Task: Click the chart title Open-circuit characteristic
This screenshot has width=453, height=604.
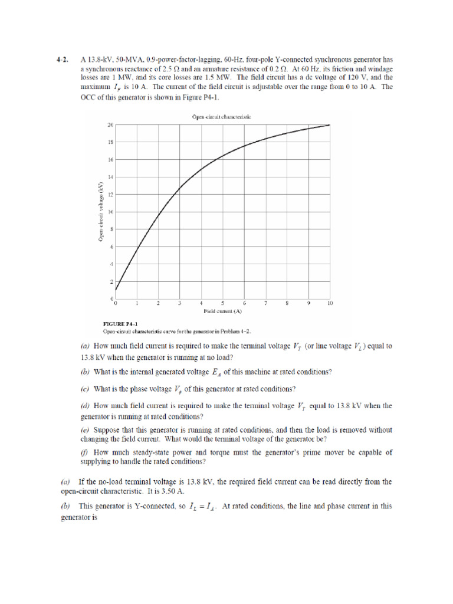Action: (x=222, y=117)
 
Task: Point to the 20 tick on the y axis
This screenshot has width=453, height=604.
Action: (x=110, y=125)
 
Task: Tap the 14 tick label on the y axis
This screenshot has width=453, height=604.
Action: (x=110, y=177)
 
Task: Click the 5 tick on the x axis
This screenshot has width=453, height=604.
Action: (x=222, y=303)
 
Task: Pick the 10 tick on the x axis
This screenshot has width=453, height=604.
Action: (x=330, y=303)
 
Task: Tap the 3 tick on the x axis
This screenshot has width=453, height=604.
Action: (x=179, y=303)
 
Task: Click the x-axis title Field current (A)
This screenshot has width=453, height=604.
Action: (x=222, y=310)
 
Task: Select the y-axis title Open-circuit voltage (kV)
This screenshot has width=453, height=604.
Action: (x=101, y=212)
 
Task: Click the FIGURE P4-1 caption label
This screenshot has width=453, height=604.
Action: (x=120, y=324)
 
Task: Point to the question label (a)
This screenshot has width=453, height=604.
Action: (x=84, y=346)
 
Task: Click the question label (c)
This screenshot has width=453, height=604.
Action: (x=84, y=389)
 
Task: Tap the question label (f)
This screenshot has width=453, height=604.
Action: (x=84, y=452)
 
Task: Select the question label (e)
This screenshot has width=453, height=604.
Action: (x=84, y=430)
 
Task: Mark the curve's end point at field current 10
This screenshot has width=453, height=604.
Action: (x=330, y=125)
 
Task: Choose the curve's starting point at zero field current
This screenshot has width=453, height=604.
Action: (x=116, y=290)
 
